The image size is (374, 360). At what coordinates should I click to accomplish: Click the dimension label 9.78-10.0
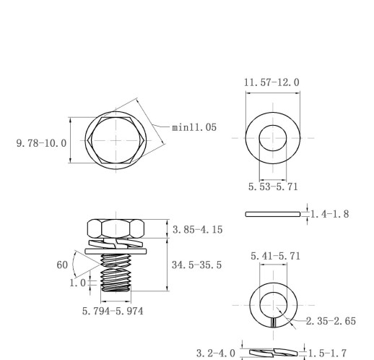(x=41, y=143)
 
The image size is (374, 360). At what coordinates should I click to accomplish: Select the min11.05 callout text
(x=194, y=127)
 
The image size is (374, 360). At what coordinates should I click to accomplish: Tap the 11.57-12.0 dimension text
(x=271, y=82)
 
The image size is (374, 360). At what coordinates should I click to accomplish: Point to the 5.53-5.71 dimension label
(x=273, y=187)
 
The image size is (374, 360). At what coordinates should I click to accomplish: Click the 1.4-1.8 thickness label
(x=330, y=214)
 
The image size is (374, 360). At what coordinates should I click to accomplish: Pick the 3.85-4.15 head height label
(x=198, y=230)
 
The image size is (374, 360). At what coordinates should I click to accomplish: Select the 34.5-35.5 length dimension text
(x=196, y=265)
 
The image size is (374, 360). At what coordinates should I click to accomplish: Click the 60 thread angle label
(x=62, y=265)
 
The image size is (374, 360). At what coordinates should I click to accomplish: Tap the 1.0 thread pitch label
(x=77, y=283)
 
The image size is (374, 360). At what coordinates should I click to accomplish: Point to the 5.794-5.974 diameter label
(x=113, y=311)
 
